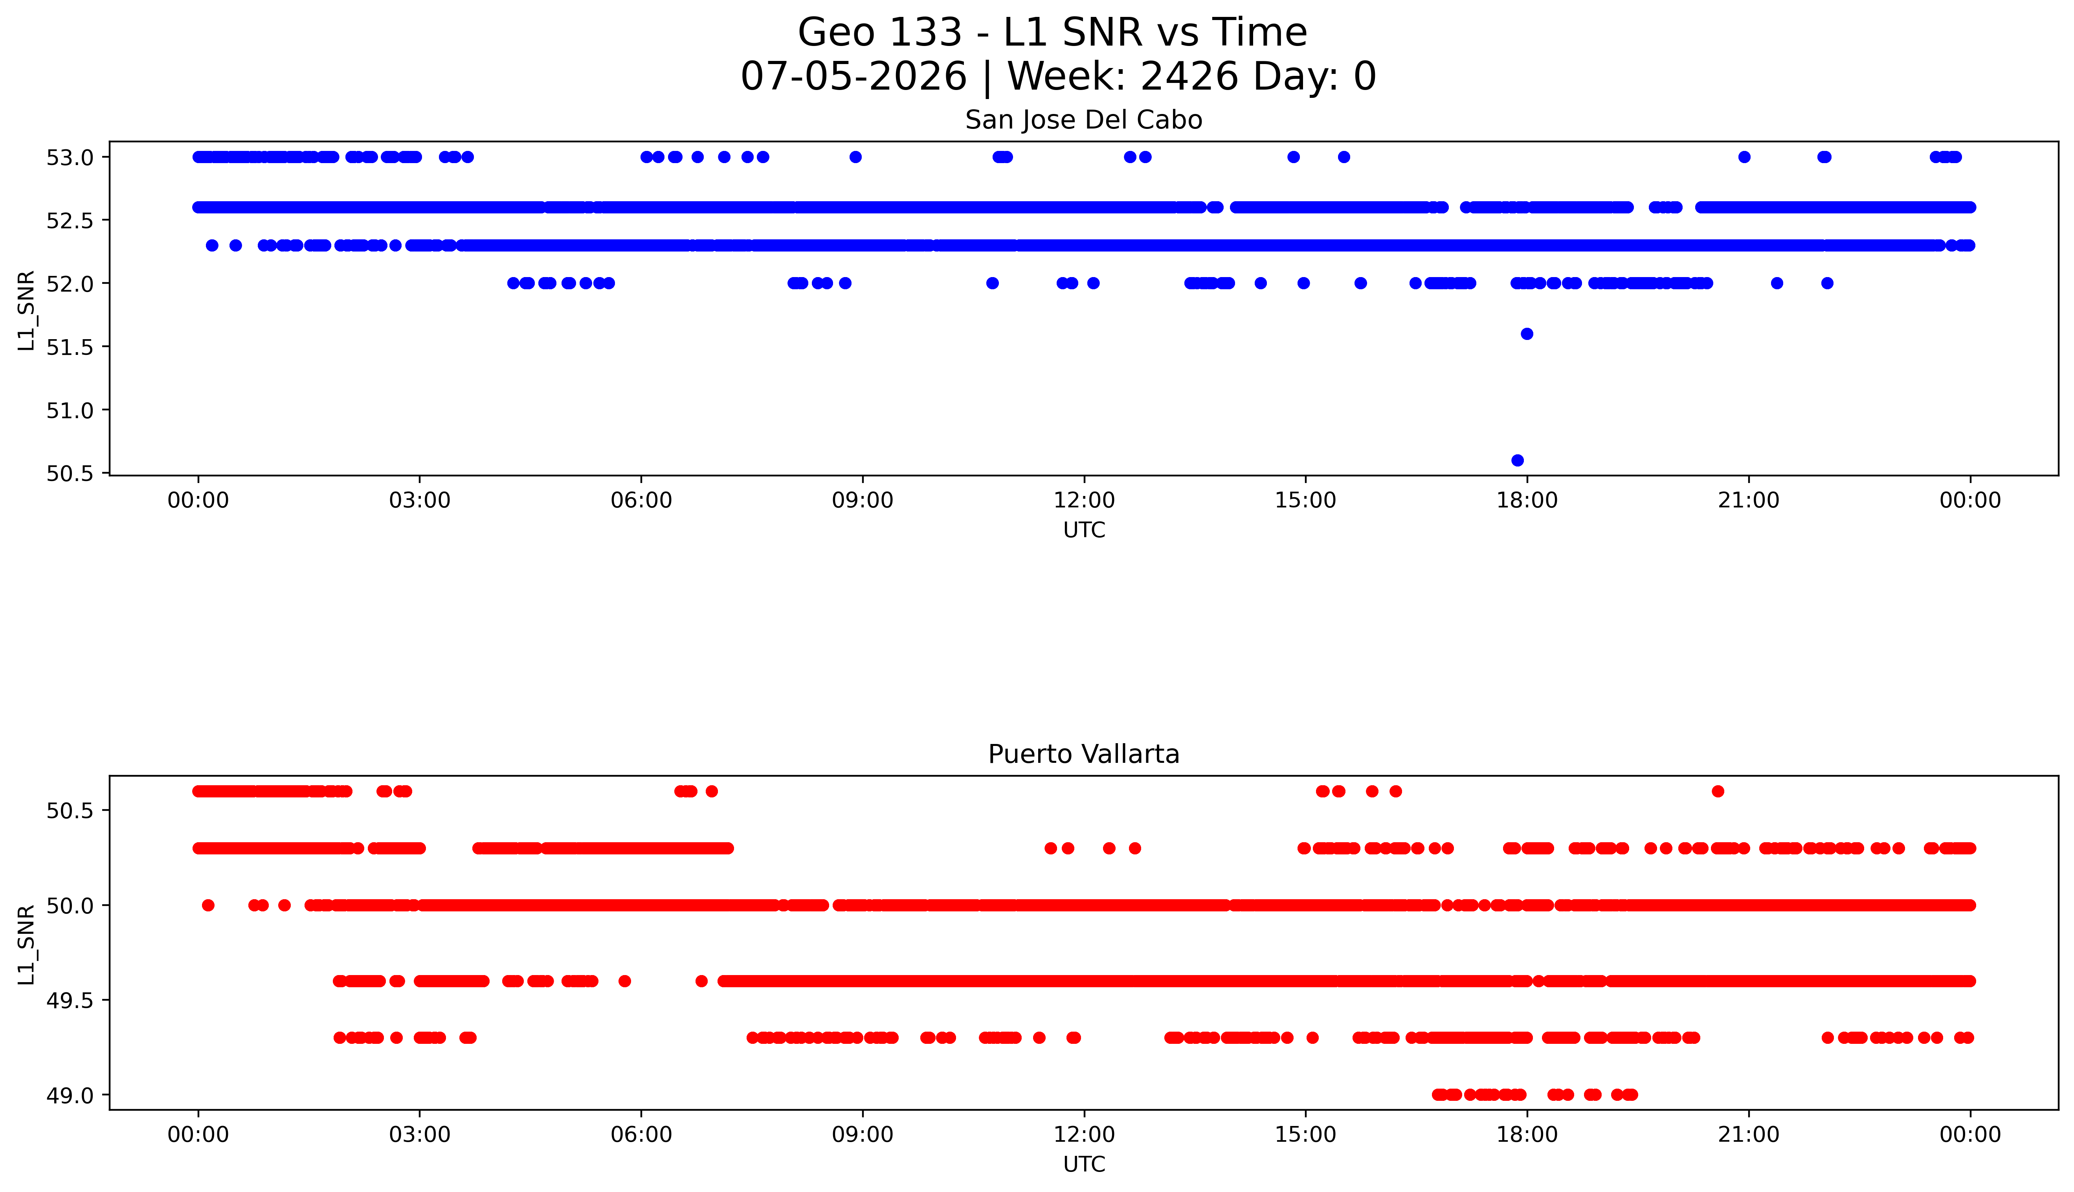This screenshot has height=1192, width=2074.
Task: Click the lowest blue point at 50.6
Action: coord(1517,460)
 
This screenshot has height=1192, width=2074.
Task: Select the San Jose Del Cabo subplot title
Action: coord(1084,120)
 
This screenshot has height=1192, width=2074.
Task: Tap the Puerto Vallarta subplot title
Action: coord(1084,754)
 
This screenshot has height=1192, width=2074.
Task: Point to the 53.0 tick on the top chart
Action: coord(70,157)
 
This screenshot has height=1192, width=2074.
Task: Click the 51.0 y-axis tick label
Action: coord(70,410)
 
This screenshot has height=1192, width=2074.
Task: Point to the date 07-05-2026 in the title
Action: coord(853,77)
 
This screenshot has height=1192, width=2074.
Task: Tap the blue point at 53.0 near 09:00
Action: coord(855,157)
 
